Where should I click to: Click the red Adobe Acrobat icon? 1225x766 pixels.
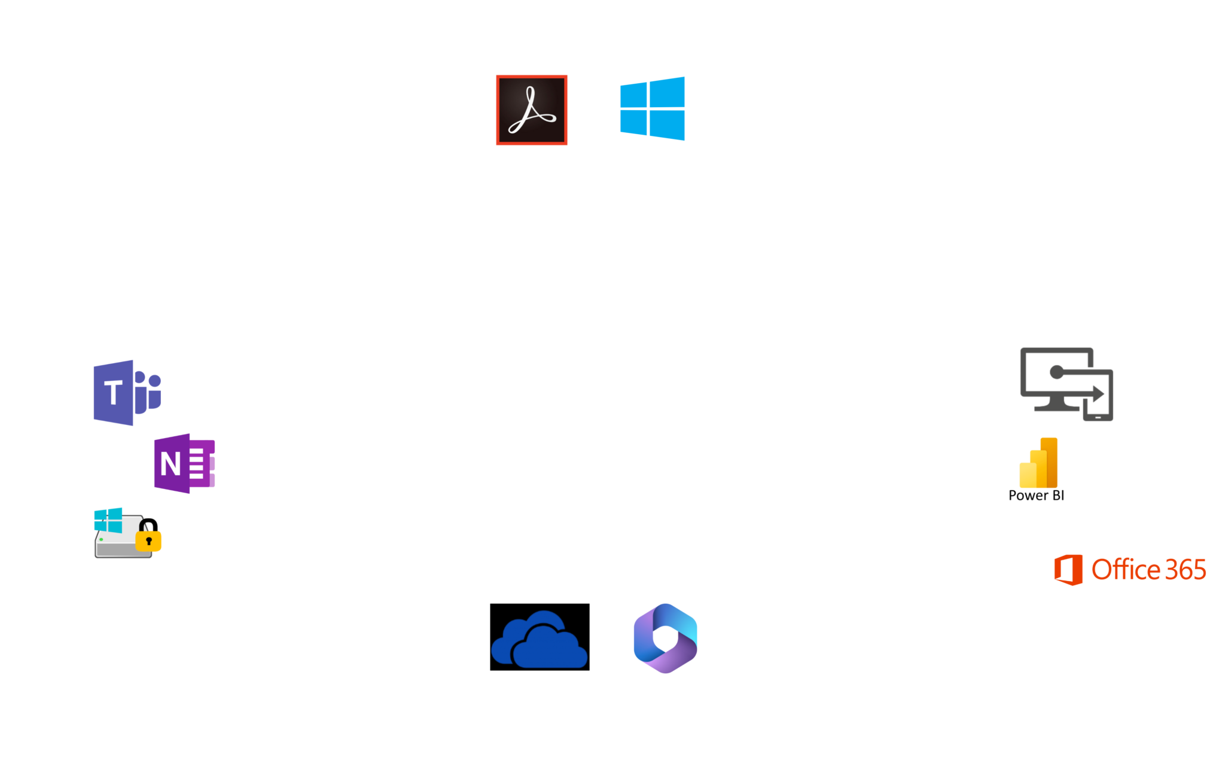coord(532,110)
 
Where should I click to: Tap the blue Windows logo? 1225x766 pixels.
coord(653,108)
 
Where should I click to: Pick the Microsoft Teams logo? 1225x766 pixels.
coord(127,393)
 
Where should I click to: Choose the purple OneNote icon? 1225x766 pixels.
coord(184,464)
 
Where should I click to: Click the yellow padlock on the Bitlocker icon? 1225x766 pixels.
coord(149,538)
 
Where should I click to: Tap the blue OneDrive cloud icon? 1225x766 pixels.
coord(539,640)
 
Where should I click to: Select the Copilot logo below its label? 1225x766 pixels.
coord(665,638)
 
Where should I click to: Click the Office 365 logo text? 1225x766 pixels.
coord(1148,570)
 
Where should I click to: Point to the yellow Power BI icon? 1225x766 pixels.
coord(1038,463)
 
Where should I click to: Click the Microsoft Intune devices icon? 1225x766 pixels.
coord(1066,384)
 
